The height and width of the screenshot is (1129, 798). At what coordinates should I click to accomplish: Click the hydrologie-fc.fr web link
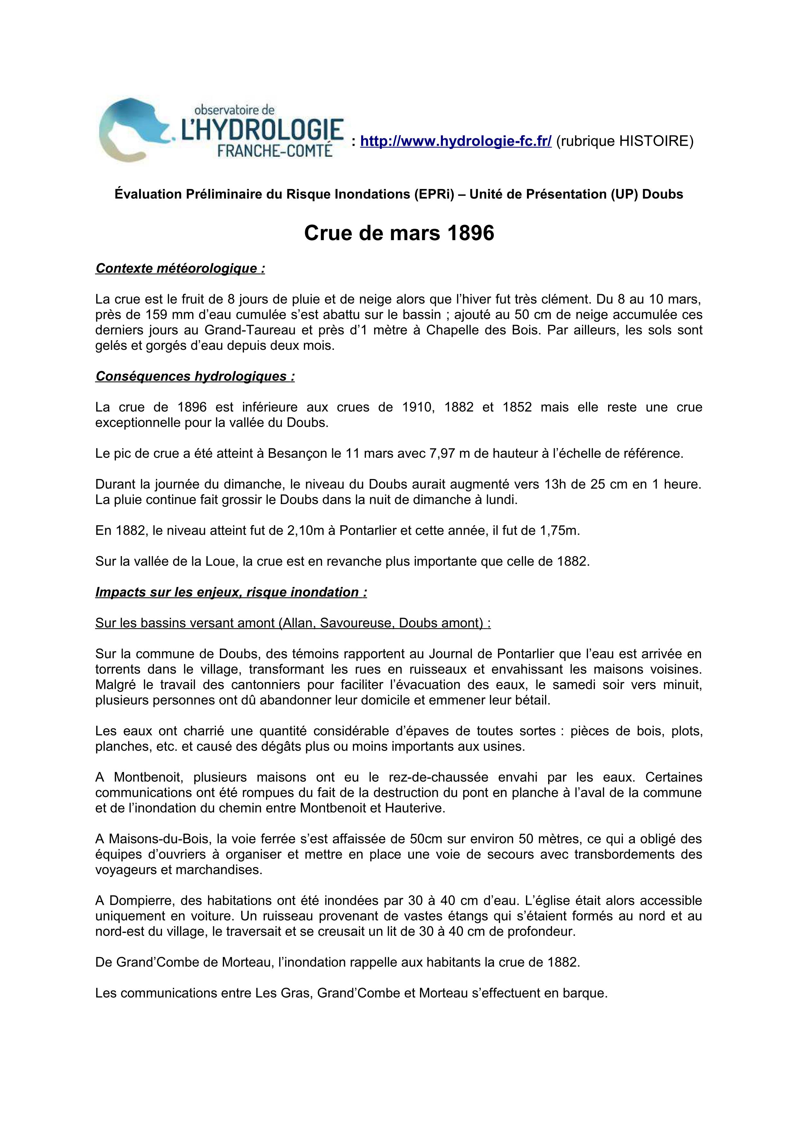tap(456, 142)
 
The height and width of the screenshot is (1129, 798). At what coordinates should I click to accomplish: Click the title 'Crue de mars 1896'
tap(399, 233)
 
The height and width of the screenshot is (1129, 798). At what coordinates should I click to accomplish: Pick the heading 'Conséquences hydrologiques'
tap(195, 376)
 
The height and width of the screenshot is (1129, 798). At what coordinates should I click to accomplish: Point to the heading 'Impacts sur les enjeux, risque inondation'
tap(231, 592)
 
